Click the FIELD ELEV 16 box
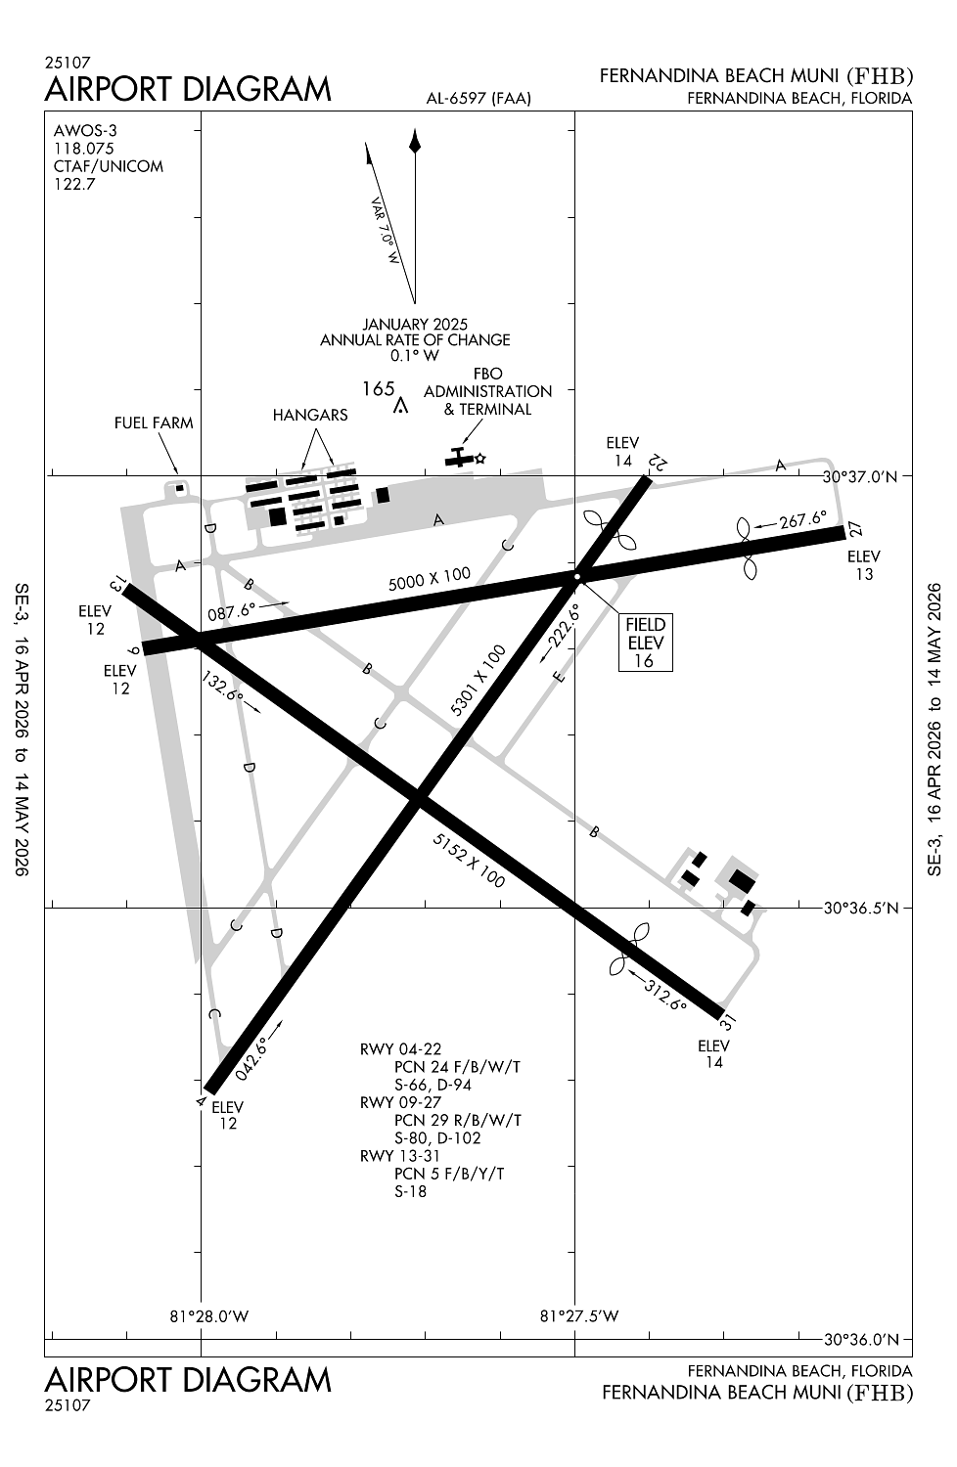click(x=645, y=643)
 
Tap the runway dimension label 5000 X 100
click(x=430, y=579)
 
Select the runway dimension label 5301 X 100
click(x=478, y=681)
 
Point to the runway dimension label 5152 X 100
click(x=469, y=861)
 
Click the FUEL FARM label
click(x=154, y=422)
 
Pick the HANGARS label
click(x=310, y=415)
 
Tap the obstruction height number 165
click(x=379, y=388)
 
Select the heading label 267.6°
click(x=803, y=519)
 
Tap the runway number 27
click(x=856, y=529)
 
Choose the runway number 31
click(x=727, y=1023)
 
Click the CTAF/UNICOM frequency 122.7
click(x=74, y=184)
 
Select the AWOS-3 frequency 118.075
click(x=84, y=148)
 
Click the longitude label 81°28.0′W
click(x=209, y=1315)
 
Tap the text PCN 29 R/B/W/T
click(x=457, y=1120)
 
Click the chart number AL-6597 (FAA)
click(x=478, y=98)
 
